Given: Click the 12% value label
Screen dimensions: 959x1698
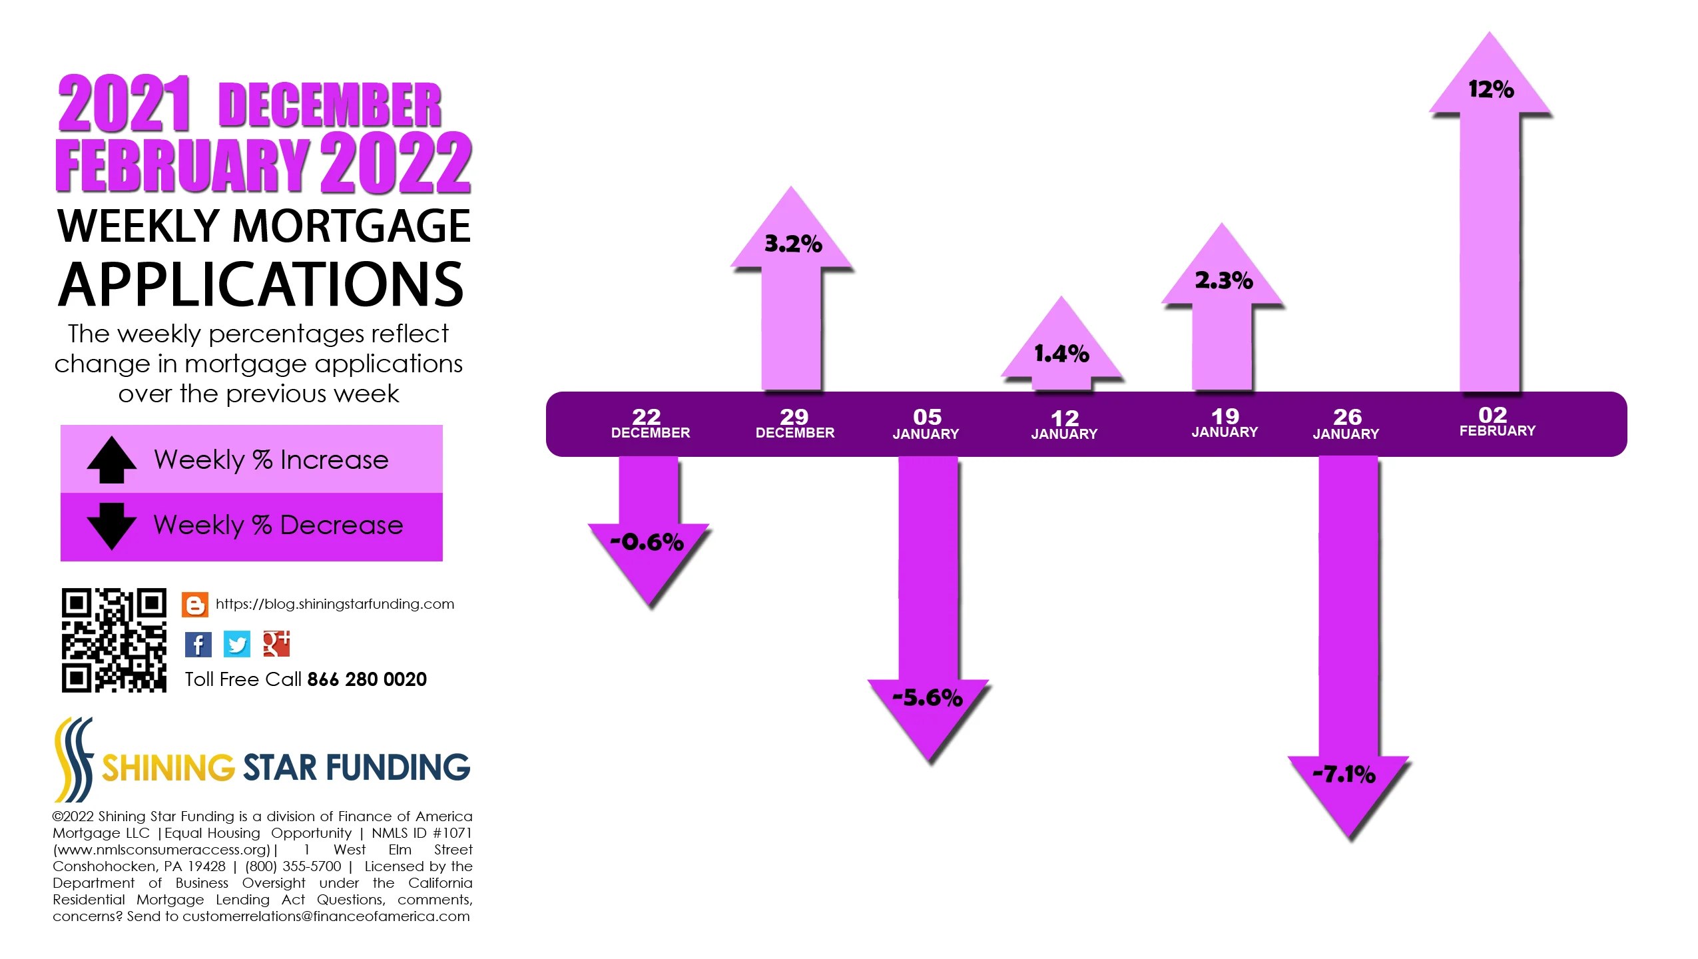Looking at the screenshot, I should point(1490,89).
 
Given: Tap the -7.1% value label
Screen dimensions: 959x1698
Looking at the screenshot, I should point(1343,774).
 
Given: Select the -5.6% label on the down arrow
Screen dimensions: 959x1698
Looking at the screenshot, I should point(927,697).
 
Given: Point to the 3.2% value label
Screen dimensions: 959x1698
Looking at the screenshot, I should point(792,244).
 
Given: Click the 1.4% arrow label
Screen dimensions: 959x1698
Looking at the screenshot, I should point(1061,354).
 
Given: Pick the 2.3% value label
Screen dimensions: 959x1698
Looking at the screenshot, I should point(1223,280).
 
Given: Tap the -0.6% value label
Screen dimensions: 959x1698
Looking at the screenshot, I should point(647,541).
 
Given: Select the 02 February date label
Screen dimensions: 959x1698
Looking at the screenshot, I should point(1497,422).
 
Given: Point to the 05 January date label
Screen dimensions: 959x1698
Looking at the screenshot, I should point(926,424).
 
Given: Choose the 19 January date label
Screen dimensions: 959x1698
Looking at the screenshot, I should point(1225,423).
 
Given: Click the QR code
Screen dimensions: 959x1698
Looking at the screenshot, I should point(114,640).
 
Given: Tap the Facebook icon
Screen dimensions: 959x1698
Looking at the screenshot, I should point(198,644).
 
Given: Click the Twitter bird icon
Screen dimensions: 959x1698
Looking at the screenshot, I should point(236,644).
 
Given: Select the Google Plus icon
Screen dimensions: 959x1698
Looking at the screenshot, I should point(276,643).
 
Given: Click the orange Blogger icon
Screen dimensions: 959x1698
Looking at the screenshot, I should point(194,605).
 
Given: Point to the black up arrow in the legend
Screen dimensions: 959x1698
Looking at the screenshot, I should point(111,460).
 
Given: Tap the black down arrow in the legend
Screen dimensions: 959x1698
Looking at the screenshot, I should point(111,525).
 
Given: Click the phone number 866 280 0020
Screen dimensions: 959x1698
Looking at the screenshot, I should point(366,679).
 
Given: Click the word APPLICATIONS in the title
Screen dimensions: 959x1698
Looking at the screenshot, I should point(261,285).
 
